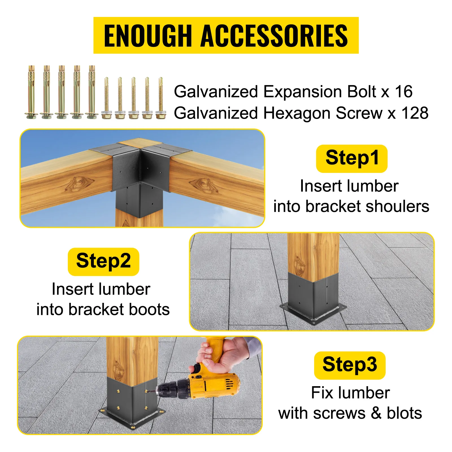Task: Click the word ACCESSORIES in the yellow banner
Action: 274,36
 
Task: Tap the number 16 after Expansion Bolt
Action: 403,92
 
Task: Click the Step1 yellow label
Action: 352,158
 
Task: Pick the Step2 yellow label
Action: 103,261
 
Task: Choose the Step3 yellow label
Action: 350,365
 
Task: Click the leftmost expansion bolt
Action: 32,92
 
